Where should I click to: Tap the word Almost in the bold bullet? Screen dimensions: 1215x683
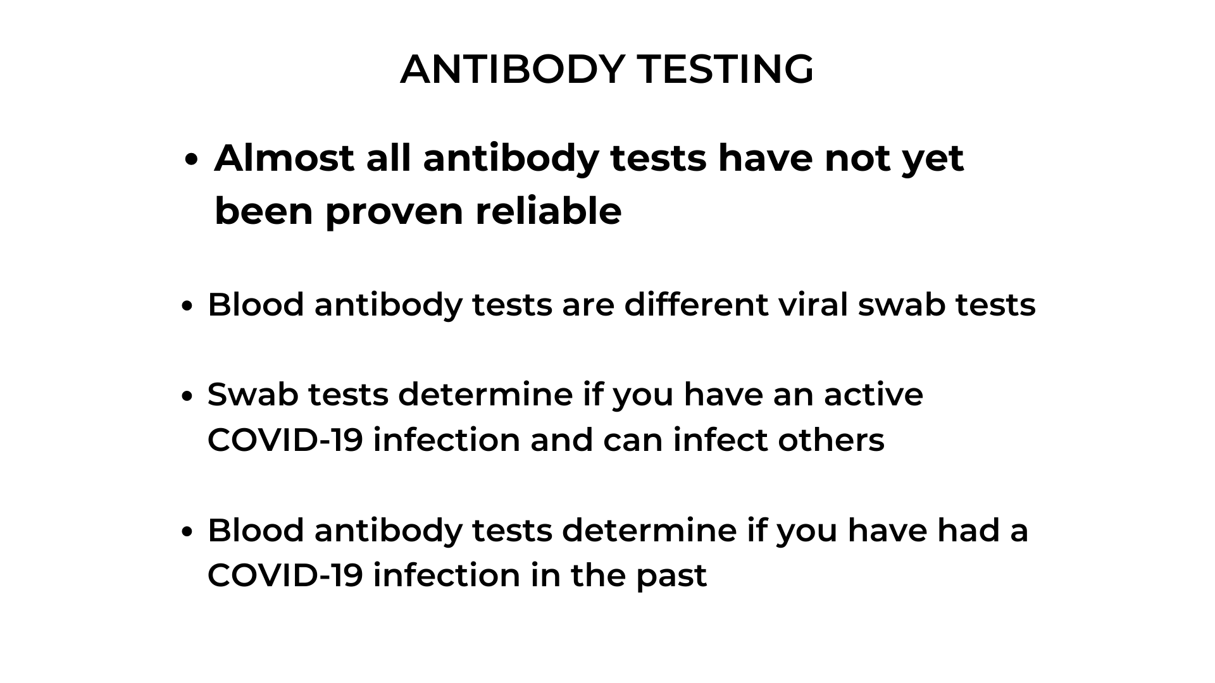(284, 157)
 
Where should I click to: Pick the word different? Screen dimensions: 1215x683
(696, 304)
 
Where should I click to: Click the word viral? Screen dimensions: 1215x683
(813, 304)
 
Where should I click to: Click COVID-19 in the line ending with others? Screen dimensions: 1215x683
(285, 440)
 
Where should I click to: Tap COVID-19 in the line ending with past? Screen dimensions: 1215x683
(285, 575)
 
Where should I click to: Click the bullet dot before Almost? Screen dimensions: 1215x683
(192, 161)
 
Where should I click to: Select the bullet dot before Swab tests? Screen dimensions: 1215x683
(186, 397)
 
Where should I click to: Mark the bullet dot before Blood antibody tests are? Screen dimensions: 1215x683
(186, 307)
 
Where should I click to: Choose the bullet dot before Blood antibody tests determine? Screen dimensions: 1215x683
(186, 532)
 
